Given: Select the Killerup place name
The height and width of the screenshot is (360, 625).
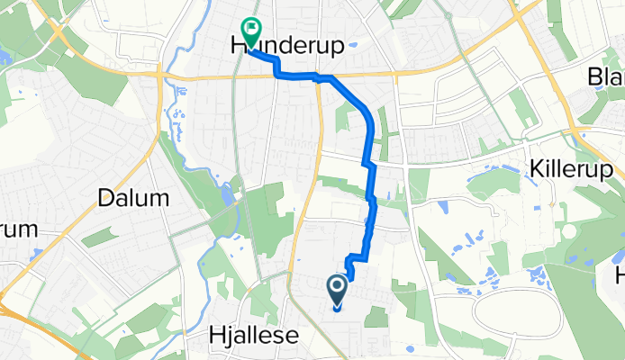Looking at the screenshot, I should coord(571,170).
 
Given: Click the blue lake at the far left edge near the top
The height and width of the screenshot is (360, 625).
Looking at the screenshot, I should coord(5,56).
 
